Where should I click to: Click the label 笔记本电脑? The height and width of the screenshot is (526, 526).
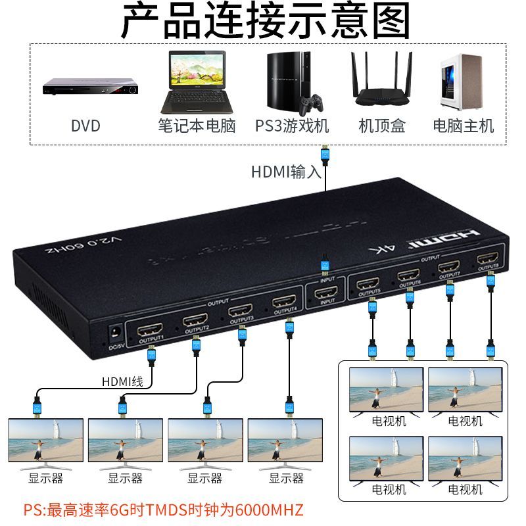coord(197,126)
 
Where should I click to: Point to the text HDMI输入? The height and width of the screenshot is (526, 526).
coord(286,172)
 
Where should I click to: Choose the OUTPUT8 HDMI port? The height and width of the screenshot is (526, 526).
coord(488,258)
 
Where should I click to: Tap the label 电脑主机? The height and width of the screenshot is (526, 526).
coord(463,126)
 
